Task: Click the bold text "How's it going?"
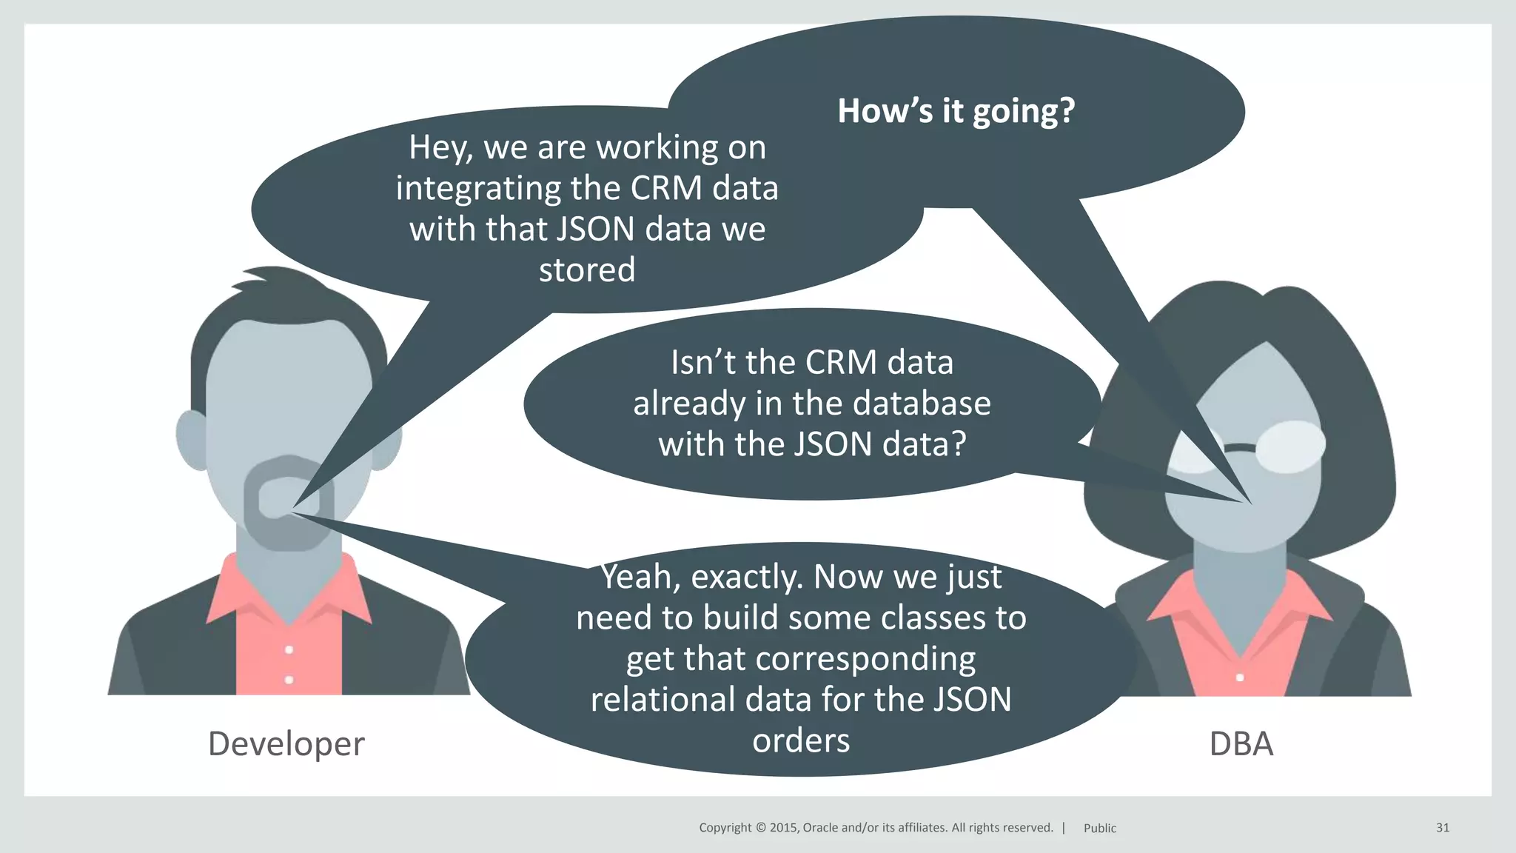pos(956,111)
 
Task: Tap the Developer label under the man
pos(286,743)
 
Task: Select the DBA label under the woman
pos(1241,743)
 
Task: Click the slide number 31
pos(1442,827)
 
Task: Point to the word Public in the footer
pos(1099,828)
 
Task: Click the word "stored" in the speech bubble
pos(587,270)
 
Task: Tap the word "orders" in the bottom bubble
pos(801,740)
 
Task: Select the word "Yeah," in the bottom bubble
pos(640,578)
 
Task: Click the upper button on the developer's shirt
pos(289,649)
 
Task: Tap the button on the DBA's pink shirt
pos(1240,677)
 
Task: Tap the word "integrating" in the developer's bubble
pos(477,189)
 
